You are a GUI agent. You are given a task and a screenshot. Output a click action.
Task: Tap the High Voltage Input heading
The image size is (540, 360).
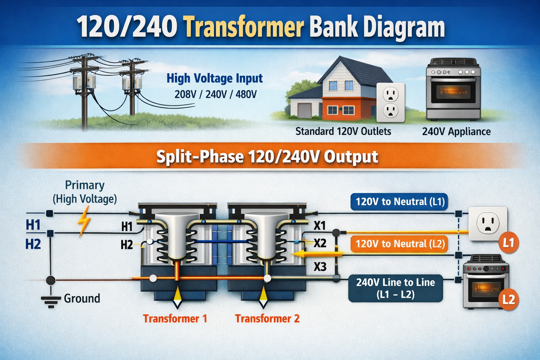(214, 78)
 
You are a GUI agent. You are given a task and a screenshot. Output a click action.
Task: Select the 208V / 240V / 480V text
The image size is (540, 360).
(215, 94)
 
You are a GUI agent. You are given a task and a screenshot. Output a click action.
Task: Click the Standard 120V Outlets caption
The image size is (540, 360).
(343, 131)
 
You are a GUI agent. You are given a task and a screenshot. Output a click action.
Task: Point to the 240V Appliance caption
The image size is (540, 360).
(456, 131)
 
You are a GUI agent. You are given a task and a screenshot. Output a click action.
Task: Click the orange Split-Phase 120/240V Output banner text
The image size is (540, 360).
(267, 157)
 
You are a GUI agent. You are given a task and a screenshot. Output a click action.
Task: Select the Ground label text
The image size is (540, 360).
(82, 298)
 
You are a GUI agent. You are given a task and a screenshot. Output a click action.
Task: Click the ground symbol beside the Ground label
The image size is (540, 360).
(51, 301)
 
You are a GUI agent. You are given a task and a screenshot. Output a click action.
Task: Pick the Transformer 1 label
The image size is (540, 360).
(175, 319)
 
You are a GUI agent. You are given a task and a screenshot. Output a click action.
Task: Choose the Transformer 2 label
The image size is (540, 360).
(267, 319)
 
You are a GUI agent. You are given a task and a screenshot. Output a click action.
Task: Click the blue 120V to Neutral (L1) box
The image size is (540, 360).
(400, 202)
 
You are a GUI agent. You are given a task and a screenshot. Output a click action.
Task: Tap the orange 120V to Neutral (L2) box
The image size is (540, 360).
(400, 244)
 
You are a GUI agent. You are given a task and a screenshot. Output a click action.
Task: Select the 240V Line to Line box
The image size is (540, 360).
(396, 288)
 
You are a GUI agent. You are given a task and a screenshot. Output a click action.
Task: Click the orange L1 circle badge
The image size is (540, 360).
(509, 243)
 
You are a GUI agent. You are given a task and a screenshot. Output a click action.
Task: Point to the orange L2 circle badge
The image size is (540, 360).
(509, 300)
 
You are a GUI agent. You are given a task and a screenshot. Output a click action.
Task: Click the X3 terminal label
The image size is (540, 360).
(320, 267)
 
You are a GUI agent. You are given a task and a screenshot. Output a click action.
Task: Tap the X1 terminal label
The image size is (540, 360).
(319, 225)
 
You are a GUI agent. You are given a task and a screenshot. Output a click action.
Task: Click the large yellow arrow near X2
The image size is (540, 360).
(316, 254)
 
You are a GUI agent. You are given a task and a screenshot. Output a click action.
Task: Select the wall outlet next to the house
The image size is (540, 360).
(391, 102)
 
